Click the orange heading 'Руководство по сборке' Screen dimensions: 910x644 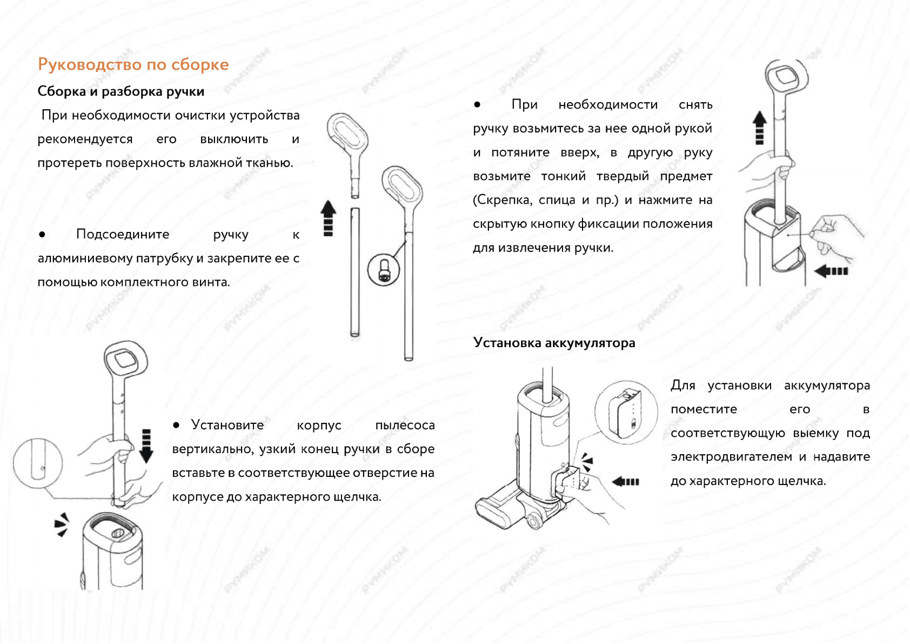[x=133, y=64]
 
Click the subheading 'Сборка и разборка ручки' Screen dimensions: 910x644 [x=121, y=91]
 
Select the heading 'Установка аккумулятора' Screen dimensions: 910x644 [x=554, y=343]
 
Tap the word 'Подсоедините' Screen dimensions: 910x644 [x=123, y=234]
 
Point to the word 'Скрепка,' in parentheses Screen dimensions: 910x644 [x=502, y=200]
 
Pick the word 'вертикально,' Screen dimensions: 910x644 [x=213, y=449]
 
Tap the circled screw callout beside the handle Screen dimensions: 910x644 [x=383, y=269]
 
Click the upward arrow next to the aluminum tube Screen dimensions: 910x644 [x=328, y=218]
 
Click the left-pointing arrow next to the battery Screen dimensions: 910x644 [x=626, y=481]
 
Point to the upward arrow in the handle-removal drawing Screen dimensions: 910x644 [x=760, y=128]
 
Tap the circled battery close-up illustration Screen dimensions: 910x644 [x=626, y=412]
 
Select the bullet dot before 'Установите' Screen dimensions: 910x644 [x=176, y=426]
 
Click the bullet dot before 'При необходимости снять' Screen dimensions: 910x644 [x=477, y=104]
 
